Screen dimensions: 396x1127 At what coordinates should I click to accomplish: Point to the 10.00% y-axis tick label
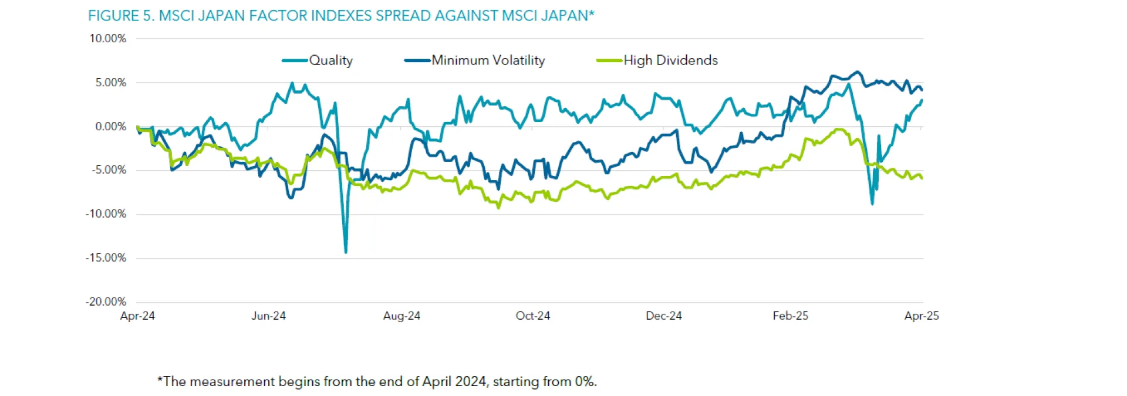tap(107, 39)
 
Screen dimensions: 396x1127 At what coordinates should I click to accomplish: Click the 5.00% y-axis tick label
tap(110, 83)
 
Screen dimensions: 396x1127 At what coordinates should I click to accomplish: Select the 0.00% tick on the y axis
tap(110, 127)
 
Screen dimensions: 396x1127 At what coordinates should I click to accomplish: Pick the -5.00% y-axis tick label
tap(109, 170)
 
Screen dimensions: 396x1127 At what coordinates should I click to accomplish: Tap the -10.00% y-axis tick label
tap(106, 214)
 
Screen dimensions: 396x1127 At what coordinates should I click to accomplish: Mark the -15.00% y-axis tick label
tap(106, 258)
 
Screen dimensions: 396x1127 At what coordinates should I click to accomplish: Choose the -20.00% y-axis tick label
tap(106, 302)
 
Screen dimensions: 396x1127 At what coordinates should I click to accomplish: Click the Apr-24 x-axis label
tap(137, 316)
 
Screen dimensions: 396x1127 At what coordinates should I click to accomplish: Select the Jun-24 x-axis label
tap(268, 316)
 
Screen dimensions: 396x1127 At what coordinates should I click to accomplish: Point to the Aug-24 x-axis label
tap(401, 316)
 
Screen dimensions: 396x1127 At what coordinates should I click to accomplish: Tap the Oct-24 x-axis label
tap(533, 316)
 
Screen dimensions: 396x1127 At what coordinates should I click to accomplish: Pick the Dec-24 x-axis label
tap(664, 316)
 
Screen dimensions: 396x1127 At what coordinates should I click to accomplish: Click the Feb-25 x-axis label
tap(790, 316)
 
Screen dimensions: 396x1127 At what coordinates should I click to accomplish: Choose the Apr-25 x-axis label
tap(922, 316)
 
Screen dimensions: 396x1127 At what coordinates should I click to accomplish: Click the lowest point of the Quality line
tap(346, 253)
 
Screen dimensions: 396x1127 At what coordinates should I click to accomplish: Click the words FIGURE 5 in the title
tap(121, 16)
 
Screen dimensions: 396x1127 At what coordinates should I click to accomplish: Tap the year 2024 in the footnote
tap(471, 382)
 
